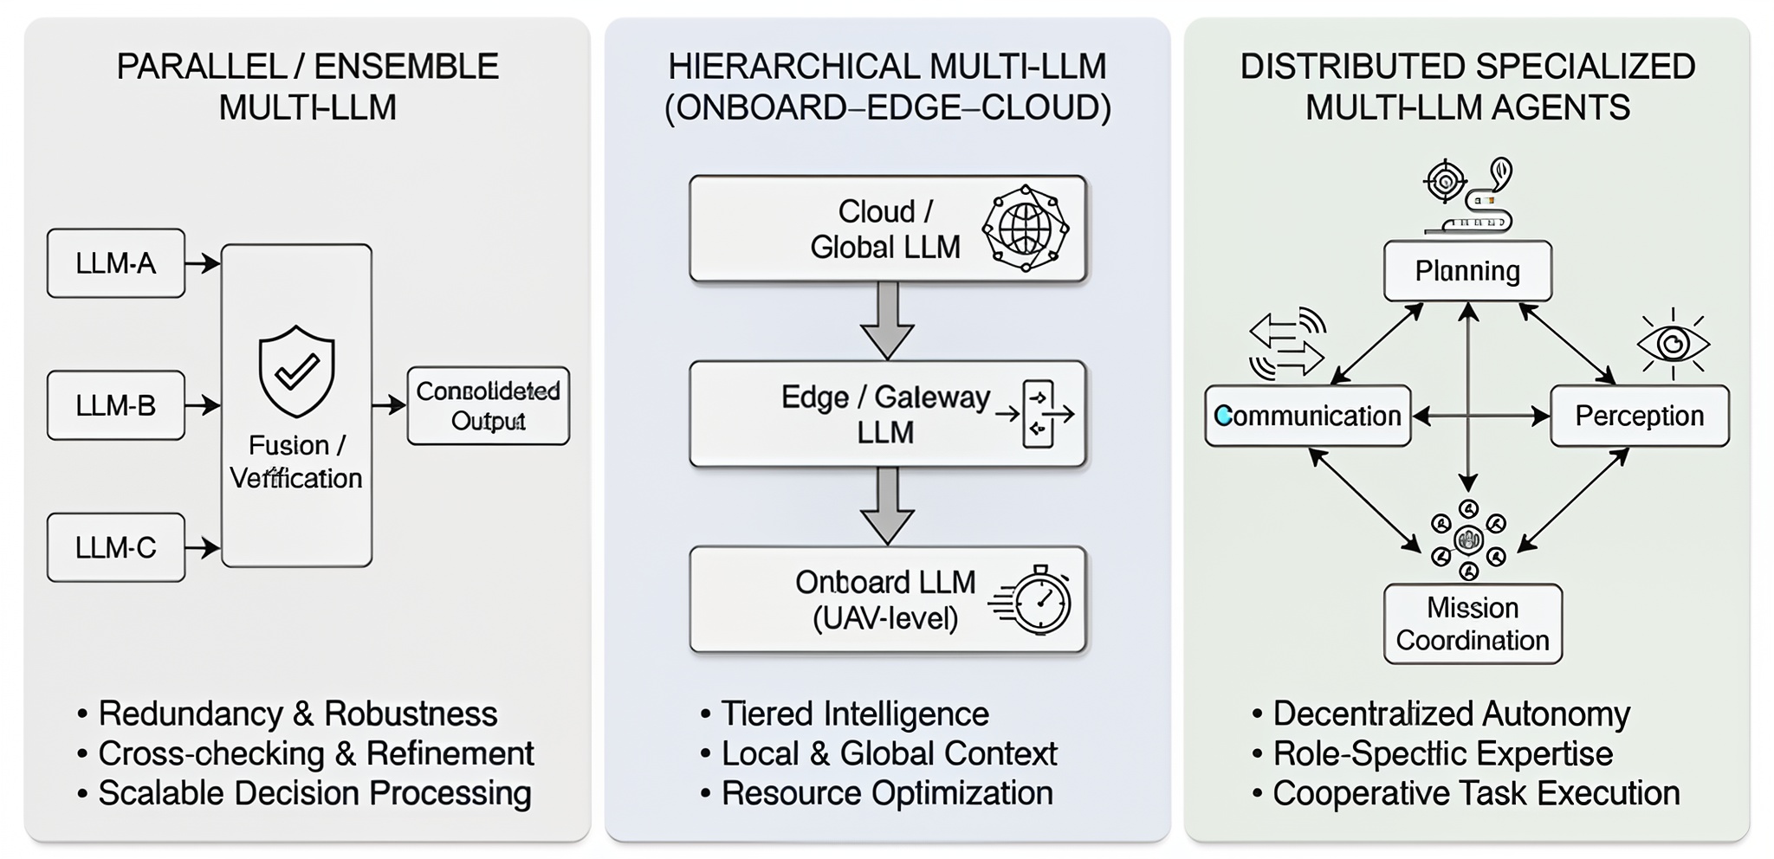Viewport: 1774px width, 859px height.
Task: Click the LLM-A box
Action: click(116, 263)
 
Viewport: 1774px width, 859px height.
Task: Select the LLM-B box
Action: click(116, 405)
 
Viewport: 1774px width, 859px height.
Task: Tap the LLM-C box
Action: click(116, 547)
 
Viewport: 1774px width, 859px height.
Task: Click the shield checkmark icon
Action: click(296, 371)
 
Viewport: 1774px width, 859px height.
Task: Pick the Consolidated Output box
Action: click(489, 406)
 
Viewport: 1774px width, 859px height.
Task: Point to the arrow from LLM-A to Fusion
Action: click(203, 263)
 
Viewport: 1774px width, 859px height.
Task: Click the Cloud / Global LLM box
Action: click(888, 229)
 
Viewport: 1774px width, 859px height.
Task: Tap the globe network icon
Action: click(1026, 229)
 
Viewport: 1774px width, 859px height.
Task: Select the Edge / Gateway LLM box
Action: click(888, 414)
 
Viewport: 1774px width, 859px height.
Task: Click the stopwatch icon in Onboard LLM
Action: click(1033, 599)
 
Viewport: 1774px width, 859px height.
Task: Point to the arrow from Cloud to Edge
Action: click(887, 320)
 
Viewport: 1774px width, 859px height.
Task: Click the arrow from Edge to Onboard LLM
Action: click(887, 506)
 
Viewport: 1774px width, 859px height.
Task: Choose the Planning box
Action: click(1467, 271)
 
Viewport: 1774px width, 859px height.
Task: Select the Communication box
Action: click(1308, 416)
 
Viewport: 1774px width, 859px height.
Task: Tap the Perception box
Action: click(1640, 416)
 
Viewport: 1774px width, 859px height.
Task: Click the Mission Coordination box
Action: click(1473, 623)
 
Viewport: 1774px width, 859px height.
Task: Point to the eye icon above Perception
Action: click(1674, 344)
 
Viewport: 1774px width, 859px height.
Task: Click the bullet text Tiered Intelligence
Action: click(854, 714)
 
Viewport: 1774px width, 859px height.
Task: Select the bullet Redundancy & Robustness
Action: click(298, 714)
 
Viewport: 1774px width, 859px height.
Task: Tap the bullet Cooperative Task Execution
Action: click(1476, 793)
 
